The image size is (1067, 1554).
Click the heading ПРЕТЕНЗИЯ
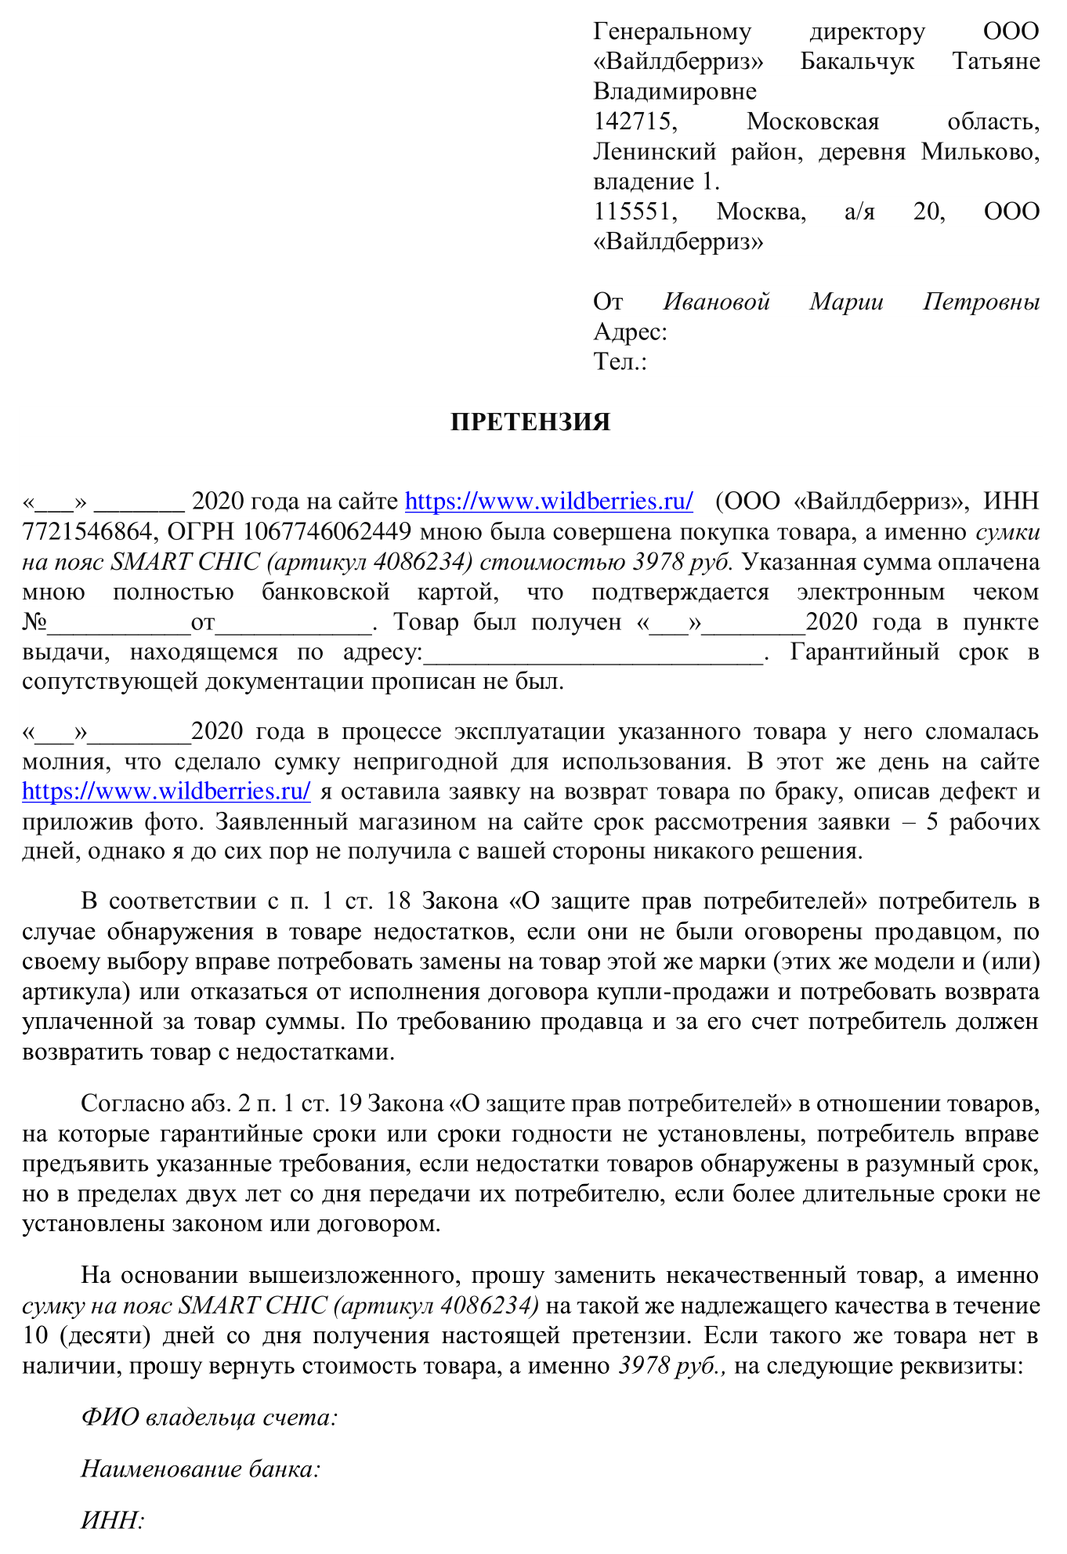[530, 422]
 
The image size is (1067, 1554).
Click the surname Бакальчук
[857, 61]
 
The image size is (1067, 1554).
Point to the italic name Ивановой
[717, 302]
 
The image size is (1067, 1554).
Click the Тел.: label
[620, 361]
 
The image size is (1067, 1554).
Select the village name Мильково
[980, 151]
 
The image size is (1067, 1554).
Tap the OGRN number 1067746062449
[327, 532]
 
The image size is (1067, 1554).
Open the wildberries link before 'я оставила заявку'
[166, 791]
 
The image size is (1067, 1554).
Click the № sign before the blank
[34, 622]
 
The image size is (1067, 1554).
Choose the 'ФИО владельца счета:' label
[209, 1417]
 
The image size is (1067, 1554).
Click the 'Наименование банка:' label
[201, 1469]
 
